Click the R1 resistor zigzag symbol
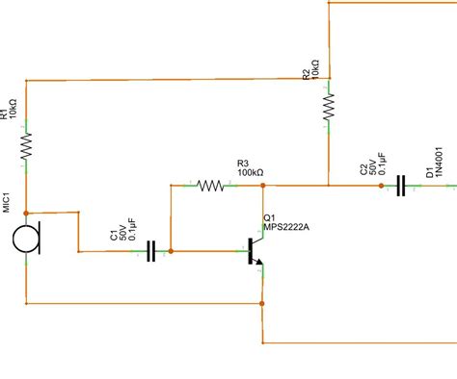tap(26, 144)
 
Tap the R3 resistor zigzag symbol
tap(210, 185)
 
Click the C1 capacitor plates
tap(150, 252)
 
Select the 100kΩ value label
tap(250, 172)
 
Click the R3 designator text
tap(243, 163)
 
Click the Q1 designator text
tap(269, 216)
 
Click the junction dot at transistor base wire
tap(171, 252)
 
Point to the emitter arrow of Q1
tap(259, 269)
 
